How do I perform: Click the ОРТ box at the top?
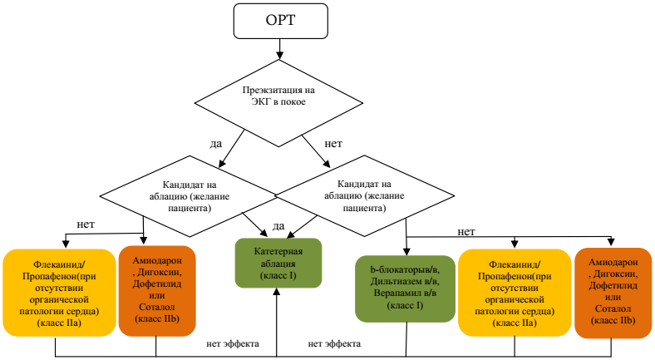click(278, 20)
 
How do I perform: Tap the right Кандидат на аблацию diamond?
click(366, 197)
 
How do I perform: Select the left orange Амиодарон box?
click(156, 290)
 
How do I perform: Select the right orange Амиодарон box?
click(613, 290)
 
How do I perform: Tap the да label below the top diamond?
click(215, 144)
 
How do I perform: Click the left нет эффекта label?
click(234, 343)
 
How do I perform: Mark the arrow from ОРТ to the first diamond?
click(278, 50)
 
